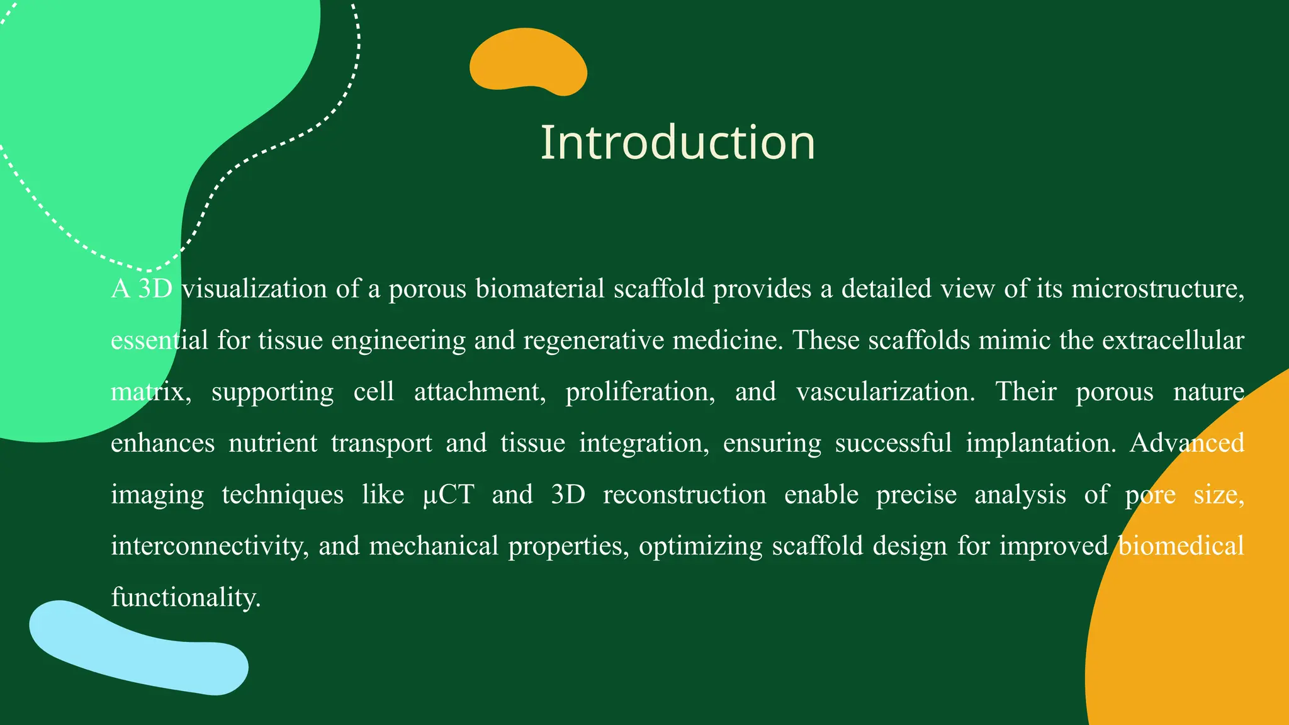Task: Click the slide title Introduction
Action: [677, 143]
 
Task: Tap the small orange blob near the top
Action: [527, 62]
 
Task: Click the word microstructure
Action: [1157, 289]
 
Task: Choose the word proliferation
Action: [639, 392]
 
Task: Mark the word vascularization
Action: [885, 392]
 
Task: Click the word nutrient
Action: [273, 443]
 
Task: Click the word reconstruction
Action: [684, 495]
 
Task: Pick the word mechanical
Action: [434, 546]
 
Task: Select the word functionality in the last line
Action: [186, 597]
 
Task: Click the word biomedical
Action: [1181, 546]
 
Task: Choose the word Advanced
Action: [1186, 443]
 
